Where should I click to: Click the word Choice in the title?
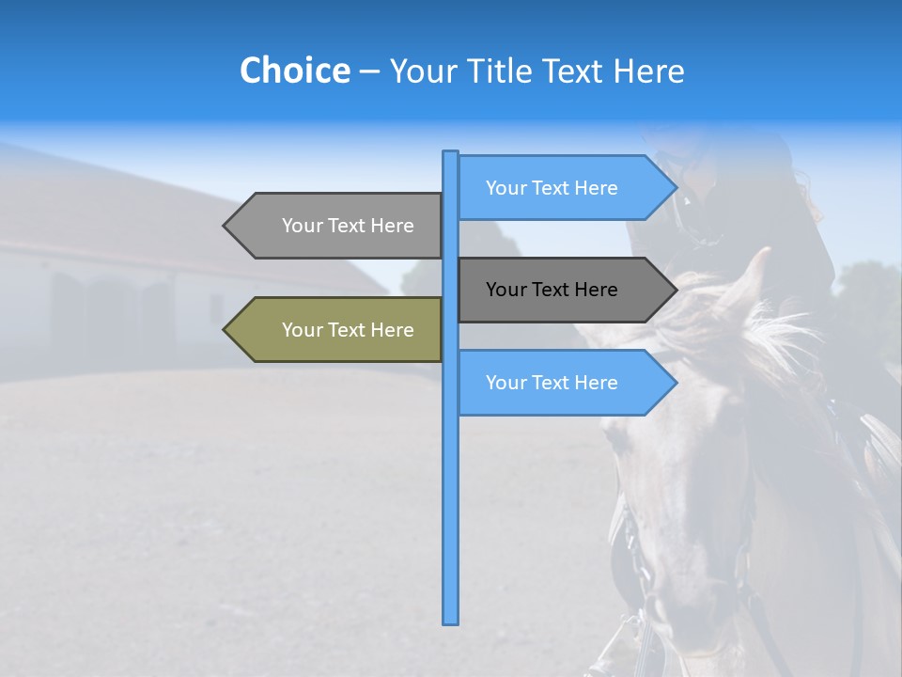[x=294, y=71]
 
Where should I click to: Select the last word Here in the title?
[x=648, y=71]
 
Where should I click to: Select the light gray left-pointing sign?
[x=338, y=226]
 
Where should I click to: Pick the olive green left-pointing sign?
[x=338, y=330]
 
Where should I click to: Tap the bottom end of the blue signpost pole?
[x=451, y=621]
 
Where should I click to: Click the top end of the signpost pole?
[x=451, y=153]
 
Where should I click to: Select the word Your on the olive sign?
[x=301, y=330]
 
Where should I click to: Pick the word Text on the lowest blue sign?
[x=552, y=383]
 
